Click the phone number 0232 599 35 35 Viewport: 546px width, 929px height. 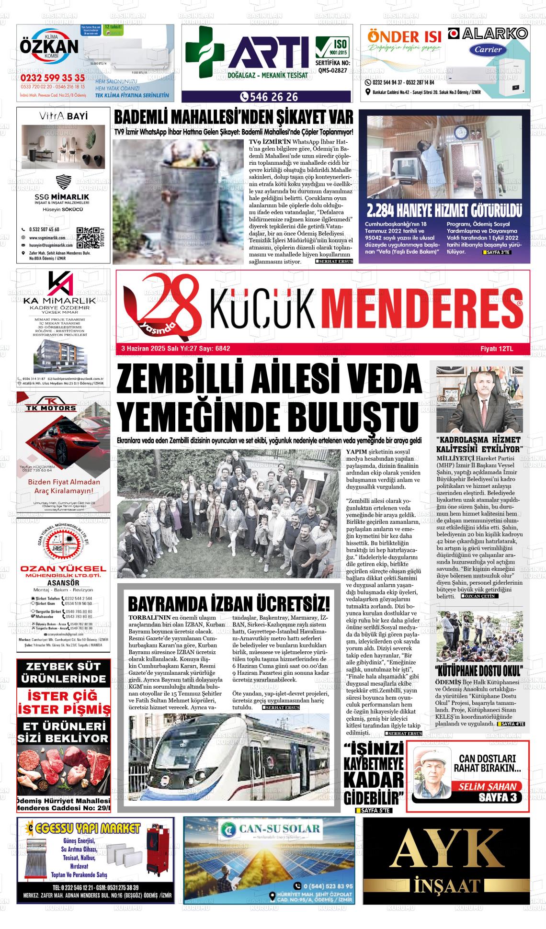click(x=53, y=78)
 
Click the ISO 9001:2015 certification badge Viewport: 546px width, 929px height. click(x=332, y=47)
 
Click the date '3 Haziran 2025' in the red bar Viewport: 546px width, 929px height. click(x=142, y=349)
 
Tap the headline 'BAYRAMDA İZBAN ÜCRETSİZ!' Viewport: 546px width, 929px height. click(x=228, y=602)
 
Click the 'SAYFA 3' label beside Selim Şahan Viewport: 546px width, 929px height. click(x=497, y=797)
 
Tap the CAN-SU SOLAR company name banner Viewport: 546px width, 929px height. click(x=269, y=828)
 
